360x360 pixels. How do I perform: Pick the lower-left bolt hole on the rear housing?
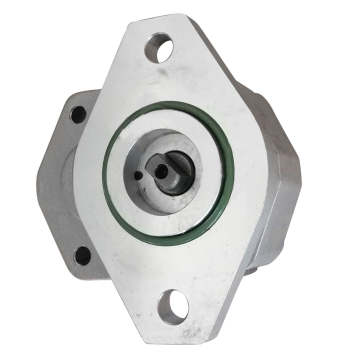point(83,255)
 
